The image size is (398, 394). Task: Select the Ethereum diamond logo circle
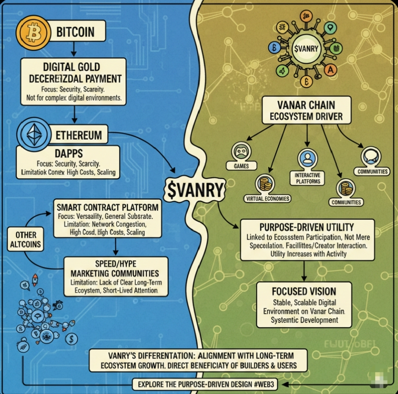32,134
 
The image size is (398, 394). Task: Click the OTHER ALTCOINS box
26,240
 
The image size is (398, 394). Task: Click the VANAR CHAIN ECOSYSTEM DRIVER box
306,110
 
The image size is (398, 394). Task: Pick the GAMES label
241,166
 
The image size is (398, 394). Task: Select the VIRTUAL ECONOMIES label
267,199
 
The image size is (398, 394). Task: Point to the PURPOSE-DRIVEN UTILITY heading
307,227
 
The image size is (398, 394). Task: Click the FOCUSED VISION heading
304,291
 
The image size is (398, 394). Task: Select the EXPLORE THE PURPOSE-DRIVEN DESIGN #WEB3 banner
207,385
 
